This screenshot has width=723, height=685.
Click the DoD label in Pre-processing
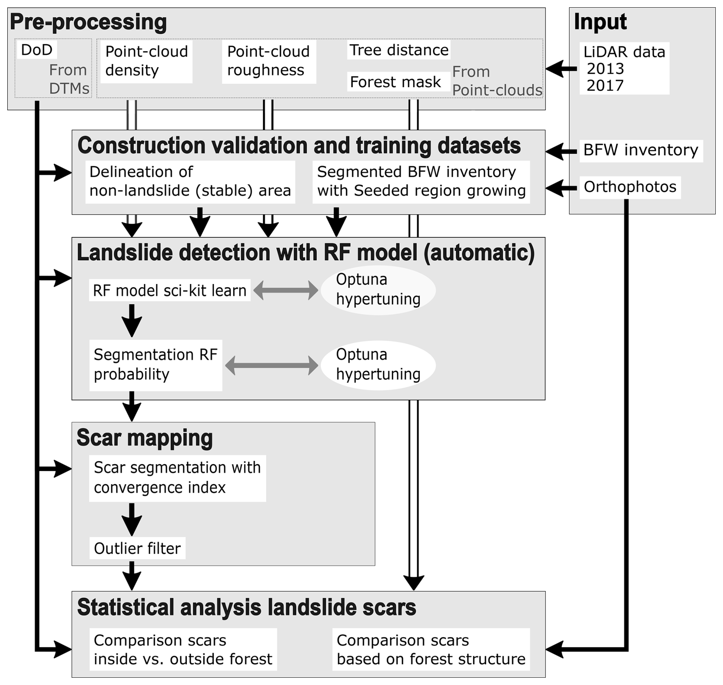click(x=37, y=50)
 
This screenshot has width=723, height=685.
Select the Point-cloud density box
click(x=146, y=61)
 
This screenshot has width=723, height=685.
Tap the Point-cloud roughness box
click(x=269, y=61)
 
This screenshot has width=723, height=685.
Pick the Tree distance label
click(x=399, y=50)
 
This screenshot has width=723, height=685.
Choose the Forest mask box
click(x=396, y=82)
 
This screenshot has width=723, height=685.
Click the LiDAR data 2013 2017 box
click(x=624, y=68)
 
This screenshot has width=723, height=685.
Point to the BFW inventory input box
click(x=640, y=150)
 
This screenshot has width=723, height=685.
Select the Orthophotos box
click(x=630, y=187)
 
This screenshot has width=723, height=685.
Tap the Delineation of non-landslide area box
click(x=190, y=181)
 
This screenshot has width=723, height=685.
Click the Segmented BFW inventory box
click(x=421, y=181)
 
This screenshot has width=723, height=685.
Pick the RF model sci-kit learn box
click(x=170, y=291)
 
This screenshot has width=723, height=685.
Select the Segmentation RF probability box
click(x=156, y=365)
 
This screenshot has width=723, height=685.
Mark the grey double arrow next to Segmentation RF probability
click(x=271, y=365)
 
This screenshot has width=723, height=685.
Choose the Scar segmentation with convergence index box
click(x=177, y=477)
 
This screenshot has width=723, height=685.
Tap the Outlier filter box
click(x=137, y=549)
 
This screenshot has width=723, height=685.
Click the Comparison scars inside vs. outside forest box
click(x=183, y=649)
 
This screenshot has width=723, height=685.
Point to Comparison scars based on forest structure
click(x=431, y=649)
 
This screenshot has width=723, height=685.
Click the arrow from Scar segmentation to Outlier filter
click(x=132, y=519)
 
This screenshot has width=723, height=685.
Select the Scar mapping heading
click(x=144, y=438)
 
